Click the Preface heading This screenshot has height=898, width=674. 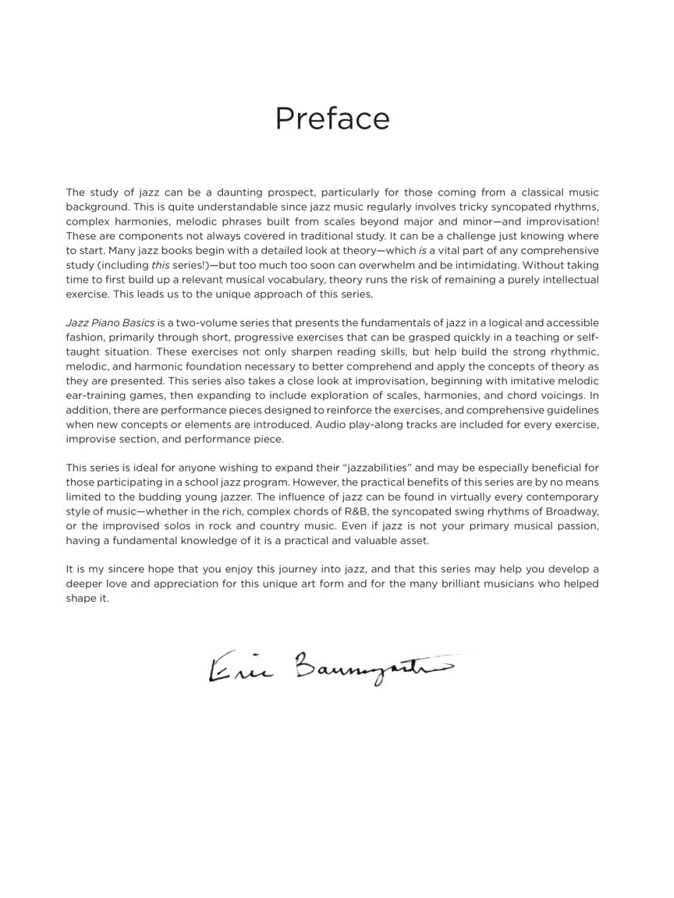[332, 118]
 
